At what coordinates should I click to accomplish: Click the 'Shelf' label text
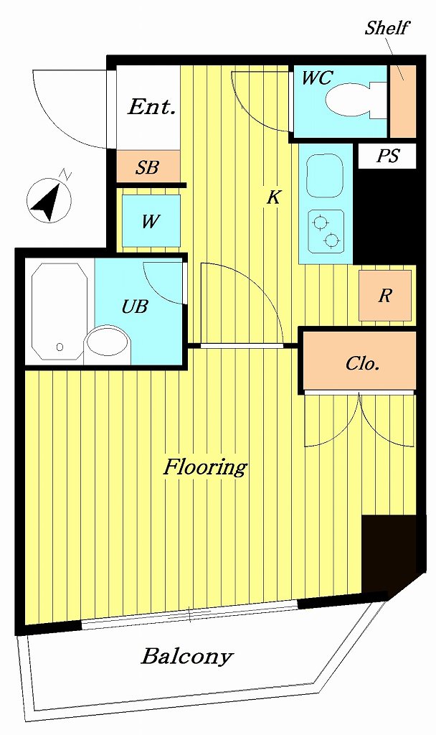(387, 28)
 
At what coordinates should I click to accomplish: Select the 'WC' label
(316, 78)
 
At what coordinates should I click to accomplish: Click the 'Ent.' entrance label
(151, 108)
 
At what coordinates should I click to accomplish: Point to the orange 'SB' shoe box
(147, 168)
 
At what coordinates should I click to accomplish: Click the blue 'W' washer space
(150, 221)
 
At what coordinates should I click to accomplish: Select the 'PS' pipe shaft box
(387, 156)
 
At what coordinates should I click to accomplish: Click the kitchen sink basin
(325, 177)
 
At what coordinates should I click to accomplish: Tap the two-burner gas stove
(325, 230)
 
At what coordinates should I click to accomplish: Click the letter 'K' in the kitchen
(273, 197)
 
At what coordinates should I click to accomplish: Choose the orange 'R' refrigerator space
(385, 295)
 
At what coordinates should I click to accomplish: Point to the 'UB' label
(134, 307)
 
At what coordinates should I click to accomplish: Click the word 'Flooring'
(205, 467)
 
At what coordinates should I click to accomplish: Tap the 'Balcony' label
(187, 655)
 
